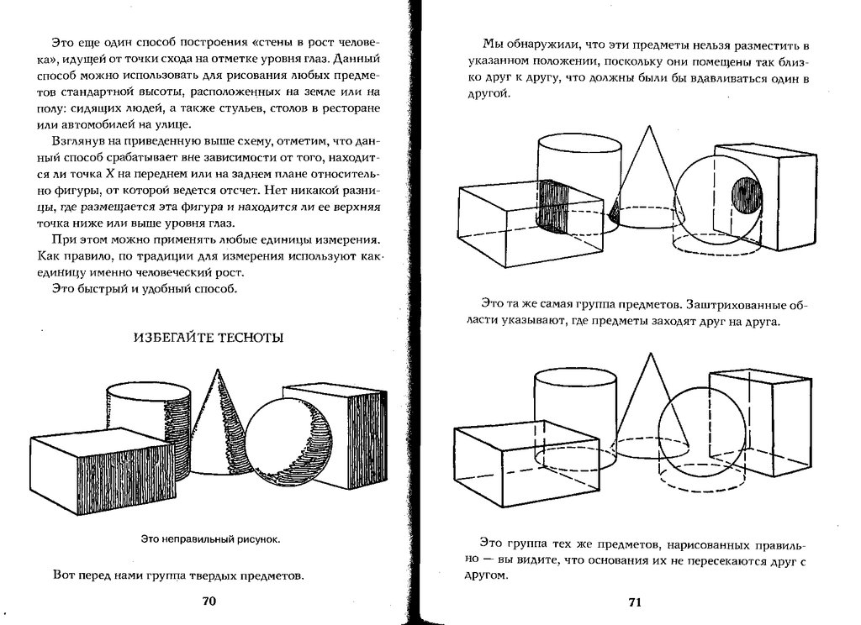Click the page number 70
click(210, 601)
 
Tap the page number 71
click(635, 602)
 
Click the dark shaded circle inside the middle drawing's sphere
click(744, 198)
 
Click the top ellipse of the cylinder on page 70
click(151, 392)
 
